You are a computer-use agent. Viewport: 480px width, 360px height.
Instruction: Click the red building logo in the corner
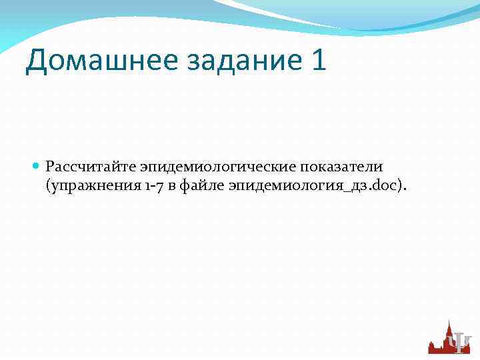click(x=449, y=337)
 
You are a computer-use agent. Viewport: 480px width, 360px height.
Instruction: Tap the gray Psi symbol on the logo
click(x=459, y=342)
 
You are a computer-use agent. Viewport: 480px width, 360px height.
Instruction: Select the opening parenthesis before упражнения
click(x=48, y=186)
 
